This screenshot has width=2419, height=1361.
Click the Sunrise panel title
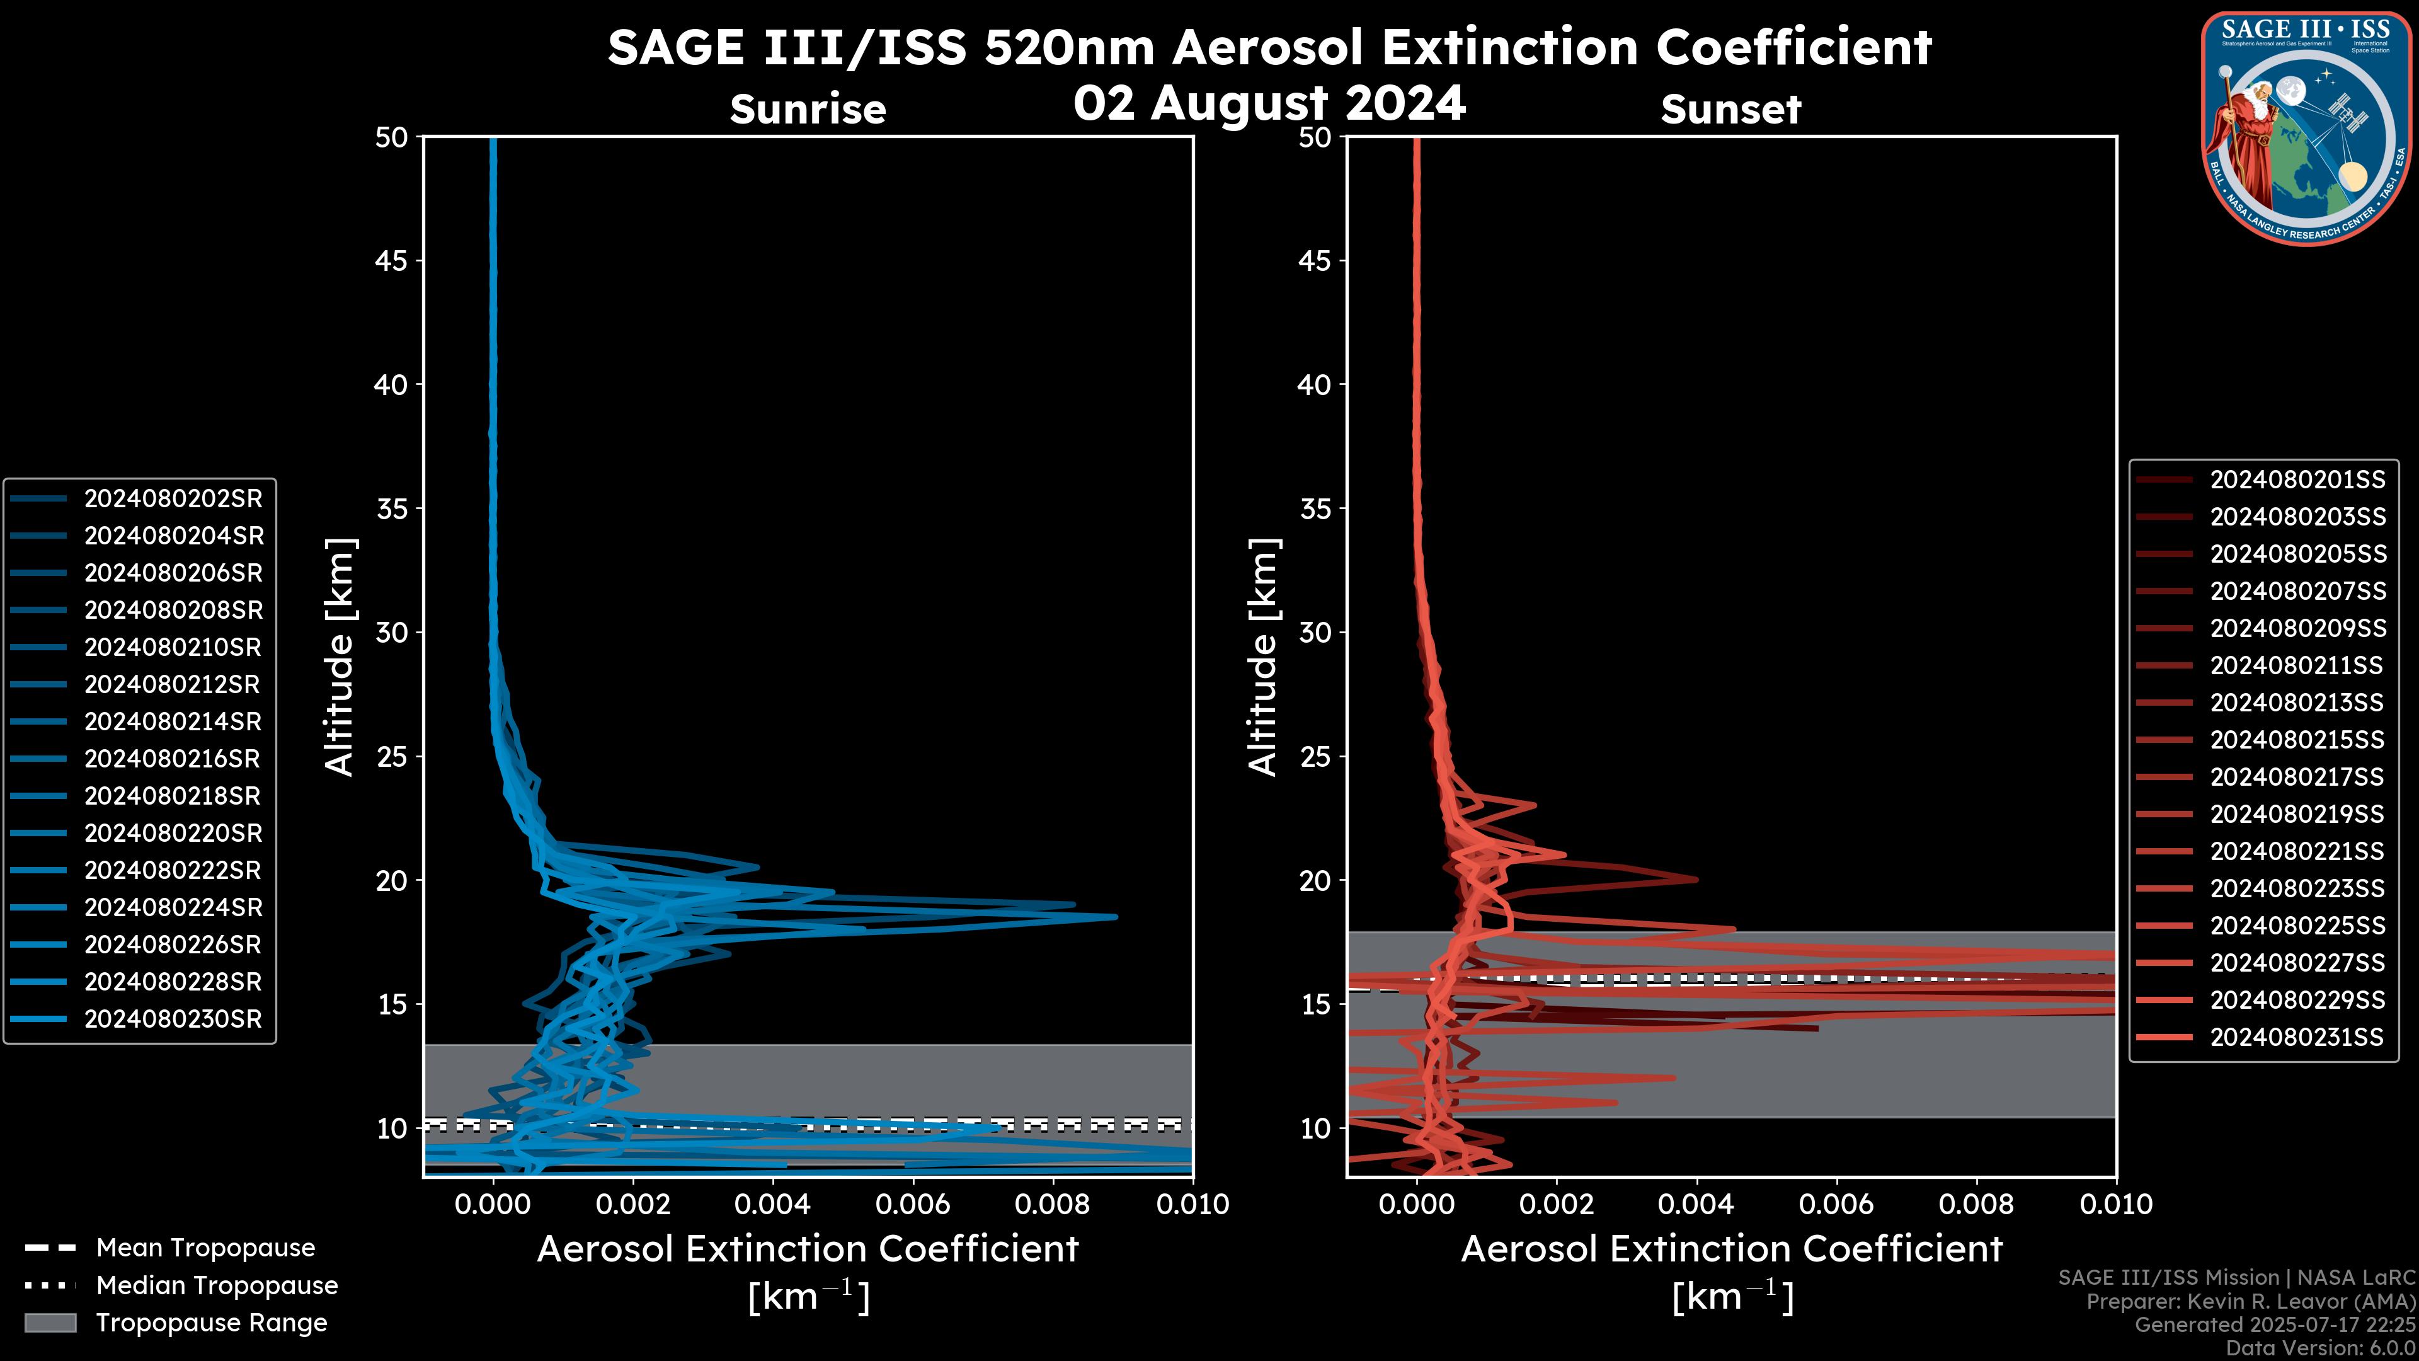(808, 109)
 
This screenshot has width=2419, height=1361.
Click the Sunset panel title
(1730, 109)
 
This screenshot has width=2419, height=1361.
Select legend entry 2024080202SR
(173, 499)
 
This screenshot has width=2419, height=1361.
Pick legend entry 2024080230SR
(173, 1019)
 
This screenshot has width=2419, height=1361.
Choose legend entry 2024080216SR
(173, 759)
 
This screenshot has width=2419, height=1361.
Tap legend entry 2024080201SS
(2297, 480)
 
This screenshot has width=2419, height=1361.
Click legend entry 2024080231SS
(2297, 1037)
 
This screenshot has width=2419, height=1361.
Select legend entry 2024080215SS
(2297, 740)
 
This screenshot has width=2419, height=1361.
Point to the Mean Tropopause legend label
(205, 1248)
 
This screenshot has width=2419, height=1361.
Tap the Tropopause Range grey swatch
(50, 1323)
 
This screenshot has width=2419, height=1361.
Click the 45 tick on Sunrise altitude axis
(392, 261)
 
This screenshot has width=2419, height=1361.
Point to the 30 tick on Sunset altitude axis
(1315, 633)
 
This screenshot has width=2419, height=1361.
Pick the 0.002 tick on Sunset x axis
(1557, 1204)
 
